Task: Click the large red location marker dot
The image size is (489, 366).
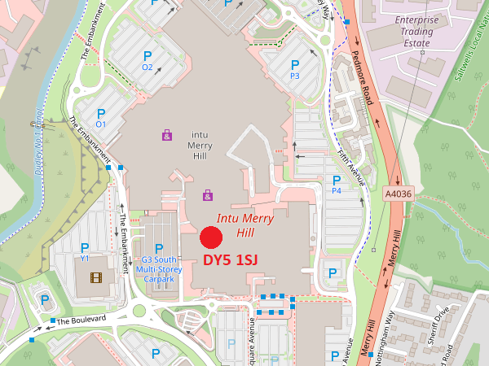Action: coord(211,237)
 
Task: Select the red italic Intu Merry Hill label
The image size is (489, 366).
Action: coord(245,224)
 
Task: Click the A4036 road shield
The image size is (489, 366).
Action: coord(398,194)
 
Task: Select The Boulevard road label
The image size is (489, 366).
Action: coord(81,320)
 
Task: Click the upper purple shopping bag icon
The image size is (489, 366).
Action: coord(167,135)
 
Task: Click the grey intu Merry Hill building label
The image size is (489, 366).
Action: coord(200,145)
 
